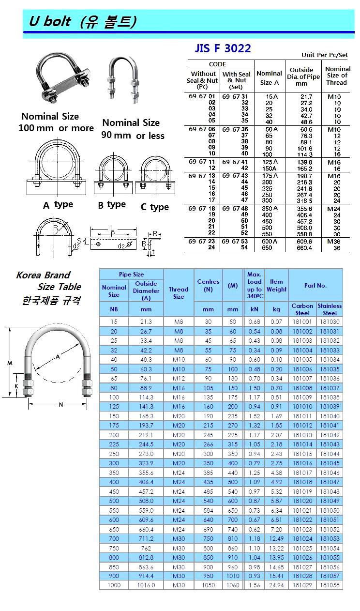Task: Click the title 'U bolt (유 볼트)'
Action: pos(83,21)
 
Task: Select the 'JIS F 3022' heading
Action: pos(223,48)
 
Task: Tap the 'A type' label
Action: pos(58,205)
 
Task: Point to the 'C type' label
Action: pos(154,207)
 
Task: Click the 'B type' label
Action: pos(112,205)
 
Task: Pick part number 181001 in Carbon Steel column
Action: pos(302,322)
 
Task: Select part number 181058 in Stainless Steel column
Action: pos(330,585)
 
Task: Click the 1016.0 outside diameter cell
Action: pos(146,585)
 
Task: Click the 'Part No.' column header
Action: pos(315,285)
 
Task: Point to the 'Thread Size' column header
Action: pos(179,293)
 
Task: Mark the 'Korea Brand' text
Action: pos(43,275)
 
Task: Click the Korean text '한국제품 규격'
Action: pos(51,300)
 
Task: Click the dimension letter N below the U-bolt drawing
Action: pos(61,405)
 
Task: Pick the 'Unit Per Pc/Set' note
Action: pos(325,55)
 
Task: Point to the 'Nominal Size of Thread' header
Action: pos(337,76)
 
